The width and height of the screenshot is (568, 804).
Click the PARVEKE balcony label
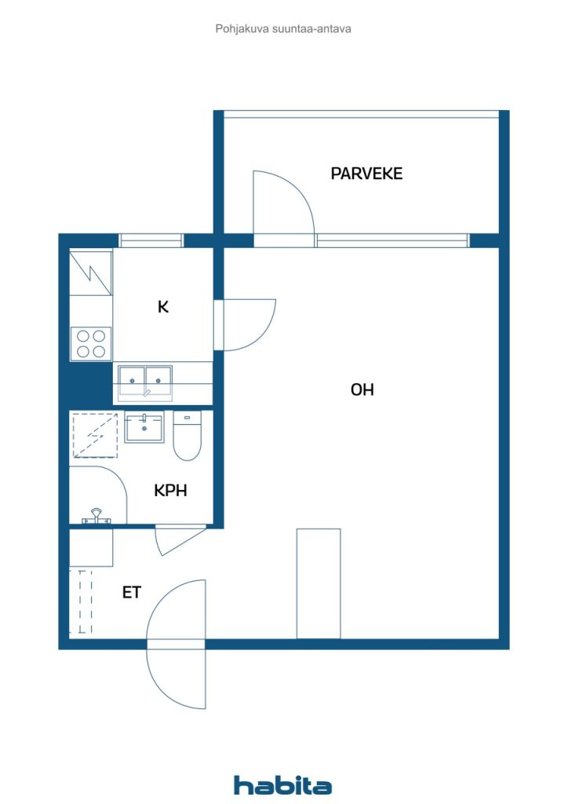tap(366, 174)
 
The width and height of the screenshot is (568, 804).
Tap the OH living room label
tap(362, 389)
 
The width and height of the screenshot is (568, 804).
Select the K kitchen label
tap(163, 307)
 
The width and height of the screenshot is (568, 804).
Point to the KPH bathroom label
tap(170, 490)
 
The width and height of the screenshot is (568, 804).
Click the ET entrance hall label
tap(131, 593)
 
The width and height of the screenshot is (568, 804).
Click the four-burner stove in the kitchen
tap(91, 343)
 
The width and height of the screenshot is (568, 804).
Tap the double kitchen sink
tap(145, 382)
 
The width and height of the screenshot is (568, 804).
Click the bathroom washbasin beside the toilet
tap(144, 428)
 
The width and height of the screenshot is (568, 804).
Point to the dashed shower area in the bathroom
tap(95, 435)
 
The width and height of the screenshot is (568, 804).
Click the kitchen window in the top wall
tap(151, 240)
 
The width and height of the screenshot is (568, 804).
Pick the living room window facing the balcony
tap(392, 240)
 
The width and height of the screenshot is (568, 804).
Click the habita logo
tap(282, 785)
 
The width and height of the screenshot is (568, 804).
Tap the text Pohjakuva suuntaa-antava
tap(283, 29)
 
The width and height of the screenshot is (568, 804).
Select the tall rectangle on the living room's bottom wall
tap(319, 583)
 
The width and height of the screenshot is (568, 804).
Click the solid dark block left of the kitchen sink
tap(91, 383)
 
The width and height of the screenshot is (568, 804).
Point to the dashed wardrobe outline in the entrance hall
tap(81, 601)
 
